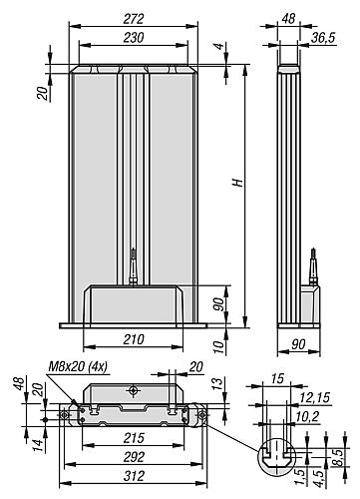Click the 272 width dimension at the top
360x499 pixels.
(133, 19)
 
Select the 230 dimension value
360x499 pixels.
(133, 38)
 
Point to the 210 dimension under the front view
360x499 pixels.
(134, 339)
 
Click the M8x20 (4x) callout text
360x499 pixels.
(78, 366)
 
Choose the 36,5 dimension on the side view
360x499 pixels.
(323, 38)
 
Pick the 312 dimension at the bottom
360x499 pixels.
(134, 476)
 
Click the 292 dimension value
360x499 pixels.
(134, 457)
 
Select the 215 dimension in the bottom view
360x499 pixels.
(134, 438)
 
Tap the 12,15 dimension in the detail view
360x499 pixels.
(314, 397)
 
